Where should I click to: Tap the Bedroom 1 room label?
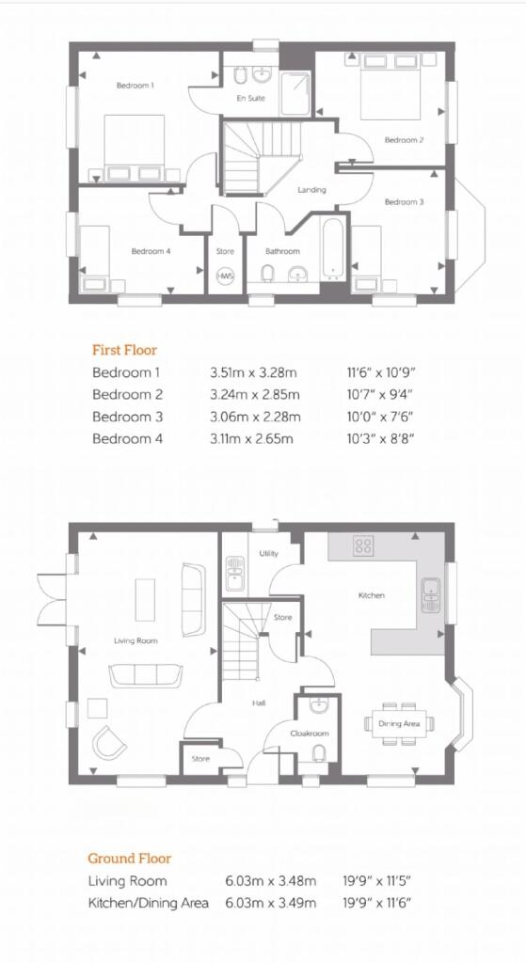[135, 86]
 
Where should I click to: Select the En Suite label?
[250, 98]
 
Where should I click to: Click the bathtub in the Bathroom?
[332, 245]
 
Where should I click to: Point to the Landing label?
[311, 190]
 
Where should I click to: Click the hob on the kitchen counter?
[363, 546]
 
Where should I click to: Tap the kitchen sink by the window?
[431, 595]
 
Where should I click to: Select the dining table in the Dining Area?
[399, 724]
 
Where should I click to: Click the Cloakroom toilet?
[319, 751]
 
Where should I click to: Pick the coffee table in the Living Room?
[146, 599]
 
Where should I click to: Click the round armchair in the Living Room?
[109, 743]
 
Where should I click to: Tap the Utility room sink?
[234, 574]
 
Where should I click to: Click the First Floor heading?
[125, 350]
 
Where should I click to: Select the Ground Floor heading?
[129, 859]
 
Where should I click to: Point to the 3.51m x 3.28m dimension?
[254, 372]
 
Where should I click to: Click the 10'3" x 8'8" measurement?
[379, 438]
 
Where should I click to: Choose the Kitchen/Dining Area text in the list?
[148, 903]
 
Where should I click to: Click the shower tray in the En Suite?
[295, 93]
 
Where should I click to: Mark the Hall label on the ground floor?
[259, 703]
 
